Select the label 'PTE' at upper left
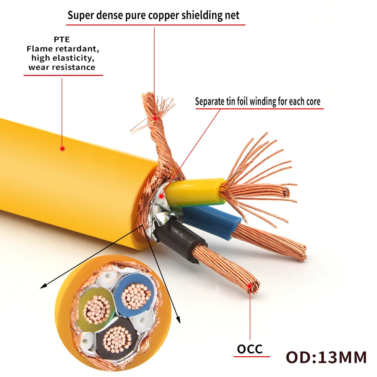point(62,40)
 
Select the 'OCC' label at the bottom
point(249,349)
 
